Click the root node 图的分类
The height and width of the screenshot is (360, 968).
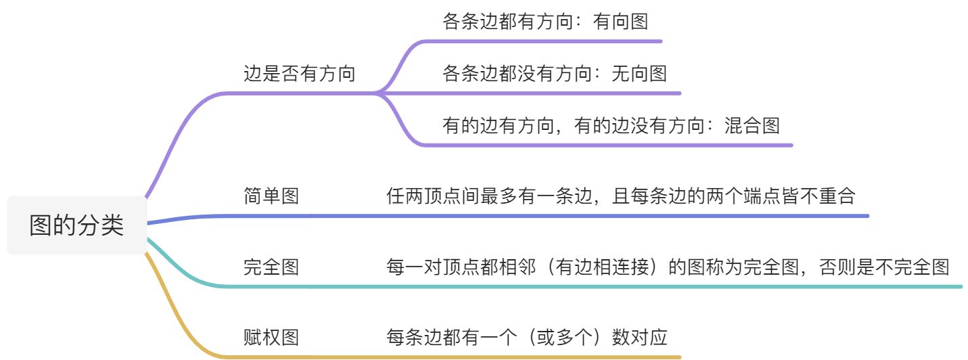click(x=76, y=225)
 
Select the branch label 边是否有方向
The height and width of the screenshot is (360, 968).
click(x=299, y=73)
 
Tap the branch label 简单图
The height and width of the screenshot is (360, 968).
click(x=271, y=196)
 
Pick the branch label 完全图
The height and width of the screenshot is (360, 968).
click(x=271, y=267)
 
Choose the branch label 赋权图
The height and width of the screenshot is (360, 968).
click(x=271, y=336)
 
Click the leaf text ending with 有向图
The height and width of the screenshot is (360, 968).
click(x=545, y=22)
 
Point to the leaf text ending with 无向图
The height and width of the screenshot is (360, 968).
click(x=554, y=73)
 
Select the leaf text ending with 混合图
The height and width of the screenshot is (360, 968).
click(x=611, y=125)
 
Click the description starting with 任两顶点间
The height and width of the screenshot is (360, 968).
click(x=621, y=196)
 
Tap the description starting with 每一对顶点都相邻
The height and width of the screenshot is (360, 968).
click(x=667, y=267)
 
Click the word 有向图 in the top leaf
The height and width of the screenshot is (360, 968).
click(x=621, y=22)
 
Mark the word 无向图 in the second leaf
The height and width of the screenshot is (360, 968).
click(x=640, y=73)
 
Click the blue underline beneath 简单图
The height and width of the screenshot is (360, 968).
click(x=542, y=216)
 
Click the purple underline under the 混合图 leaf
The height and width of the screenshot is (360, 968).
click(x=609, y=145)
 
